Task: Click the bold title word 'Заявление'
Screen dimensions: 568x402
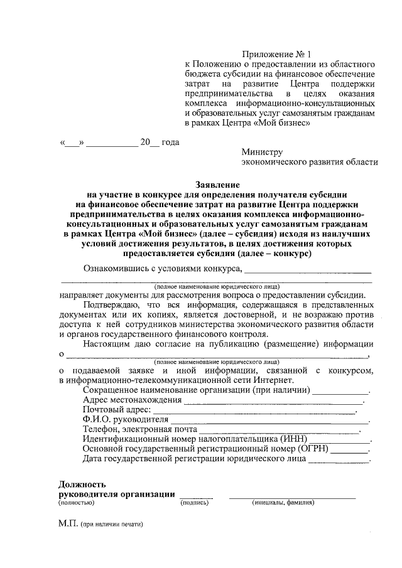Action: click(216, 185)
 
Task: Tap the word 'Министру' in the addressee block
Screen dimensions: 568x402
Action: click(262, 151)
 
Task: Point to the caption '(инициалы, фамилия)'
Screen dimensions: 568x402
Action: click(283, 503)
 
